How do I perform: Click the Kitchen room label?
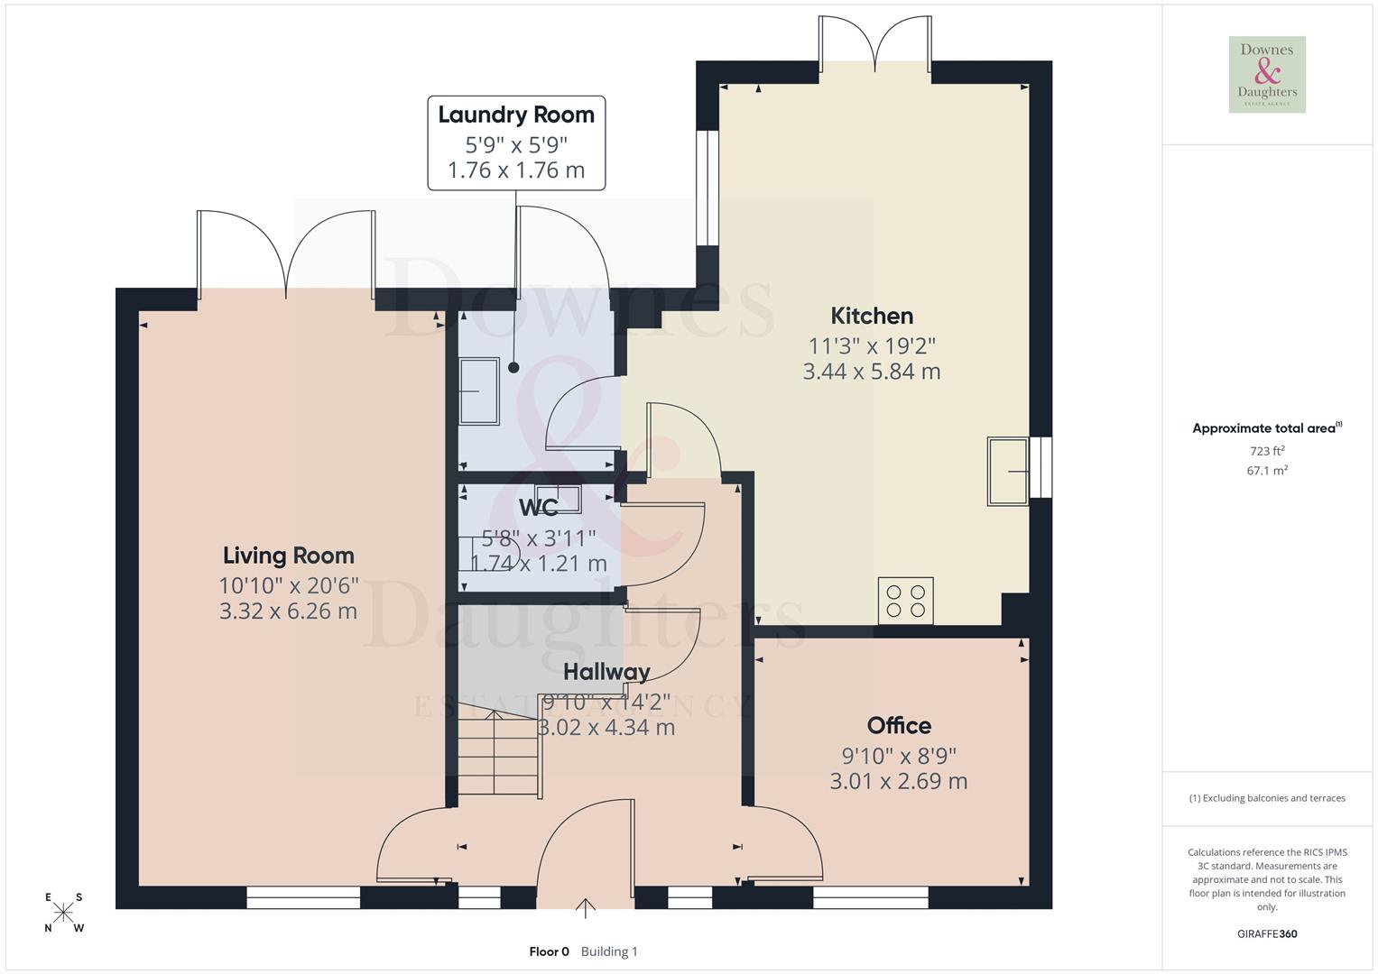(872, 316)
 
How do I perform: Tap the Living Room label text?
(288, 556)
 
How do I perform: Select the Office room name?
(899, 725)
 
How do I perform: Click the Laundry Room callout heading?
(516, 115)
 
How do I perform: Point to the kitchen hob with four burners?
(905, 601)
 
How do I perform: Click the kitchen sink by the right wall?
(1008, 471)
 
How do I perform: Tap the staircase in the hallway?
(498, 754)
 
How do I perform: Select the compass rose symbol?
(64, 913)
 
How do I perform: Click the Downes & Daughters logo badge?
(1267, 74)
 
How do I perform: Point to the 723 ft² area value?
(1267, 451)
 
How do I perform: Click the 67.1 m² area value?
(1267, 471)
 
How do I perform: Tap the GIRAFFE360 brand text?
(1267, 933)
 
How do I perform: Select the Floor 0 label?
(549, 951)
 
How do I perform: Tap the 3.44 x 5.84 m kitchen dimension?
(872, 372)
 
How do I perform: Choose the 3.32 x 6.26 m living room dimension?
(288, 611)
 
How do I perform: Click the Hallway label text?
(606, 672)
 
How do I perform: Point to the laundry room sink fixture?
(479, 391)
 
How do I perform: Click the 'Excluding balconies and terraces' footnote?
(1267, 798)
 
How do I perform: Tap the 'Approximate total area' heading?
(1263, 428)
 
